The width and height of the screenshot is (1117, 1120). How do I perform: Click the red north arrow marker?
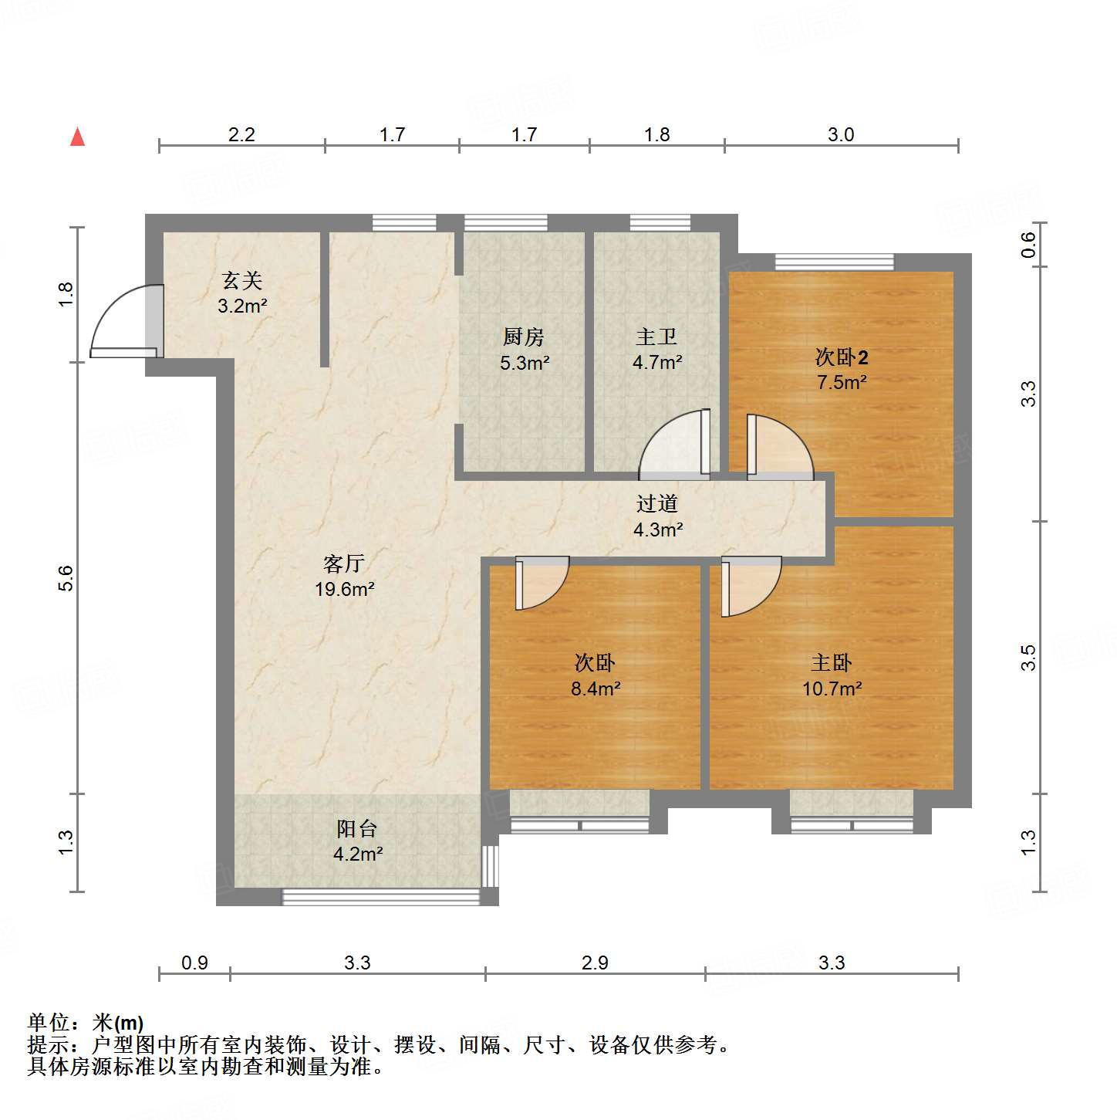pos(77,137)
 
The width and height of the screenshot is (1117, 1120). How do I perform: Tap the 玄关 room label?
pos(242,280)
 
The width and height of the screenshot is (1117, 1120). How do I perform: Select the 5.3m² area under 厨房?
pos(525,363)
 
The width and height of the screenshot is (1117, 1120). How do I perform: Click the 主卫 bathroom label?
pos(656,337)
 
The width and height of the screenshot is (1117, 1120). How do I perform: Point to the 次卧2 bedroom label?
pos(842,357)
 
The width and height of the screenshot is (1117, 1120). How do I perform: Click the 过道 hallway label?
pos(657,504)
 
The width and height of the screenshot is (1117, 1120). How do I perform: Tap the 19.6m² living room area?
pos(344,590)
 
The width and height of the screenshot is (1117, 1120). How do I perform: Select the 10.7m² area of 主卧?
pos(832,689)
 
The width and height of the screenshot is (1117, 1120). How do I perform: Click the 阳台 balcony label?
pos(357,829)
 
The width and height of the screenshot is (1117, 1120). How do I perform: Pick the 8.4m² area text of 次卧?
pos(596,689)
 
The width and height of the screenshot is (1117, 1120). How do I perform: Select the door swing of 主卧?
pos(750,586)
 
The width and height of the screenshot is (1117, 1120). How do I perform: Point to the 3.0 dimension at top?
pos(841,134)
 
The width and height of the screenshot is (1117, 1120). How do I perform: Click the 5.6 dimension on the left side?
pos(66,578)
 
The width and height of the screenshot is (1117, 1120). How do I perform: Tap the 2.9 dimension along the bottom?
pos(595,963)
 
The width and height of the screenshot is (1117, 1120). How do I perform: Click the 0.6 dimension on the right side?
pos(1028,245)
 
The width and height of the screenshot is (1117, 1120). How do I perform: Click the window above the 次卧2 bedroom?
pos(834,262)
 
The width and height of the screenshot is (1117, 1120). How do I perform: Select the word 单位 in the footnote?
pos(49,1023)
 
